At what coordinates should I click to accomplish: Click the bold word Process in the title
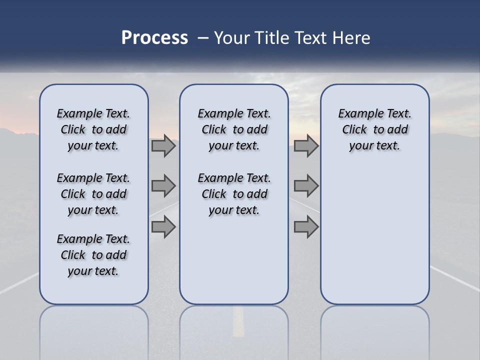154,38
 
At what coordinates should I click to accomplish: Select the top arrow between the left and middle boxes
163,146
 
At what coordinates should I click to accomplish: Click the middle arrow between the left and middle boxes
163,186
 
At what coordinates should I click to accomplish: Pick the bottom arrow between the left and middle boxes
163,227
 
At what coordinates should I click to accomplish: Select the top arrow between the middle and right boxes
306,146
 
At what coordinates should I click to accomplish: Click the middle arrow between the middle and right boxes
306,186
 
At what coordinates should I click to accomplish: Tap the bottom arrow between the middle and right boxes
306,227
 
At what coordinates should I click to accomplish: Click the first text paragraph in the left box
93,129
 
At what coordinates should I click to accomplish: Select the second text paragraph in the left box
93,194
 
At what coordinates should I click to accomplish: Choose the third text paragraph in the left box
93,255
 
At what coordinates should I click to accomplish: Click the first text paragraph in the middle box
234,129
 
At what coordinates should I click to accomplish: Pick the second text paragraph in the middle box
234,194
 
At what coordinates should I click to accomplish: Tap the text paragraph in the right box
374,129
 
